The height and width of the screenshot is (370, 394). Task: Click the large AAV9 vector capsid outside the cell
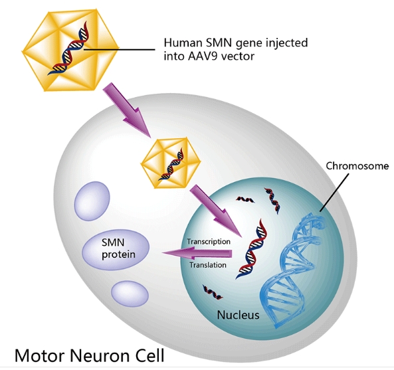tap(70, 50)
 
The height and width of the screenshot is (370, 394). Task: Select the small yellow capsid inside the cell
tap(171, 163)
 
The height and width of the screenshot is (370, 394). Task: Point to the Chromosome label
tap(357, 166)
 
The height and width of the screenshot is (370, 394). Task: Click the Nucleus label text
tap(238, 315)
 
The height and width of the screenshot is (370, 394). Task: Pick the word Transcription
tap(209, 242)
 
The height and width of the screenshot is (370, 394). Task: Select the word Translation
tap(208, 265)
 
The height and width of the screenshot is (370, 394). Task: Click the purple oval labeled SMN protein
tap(116, 249)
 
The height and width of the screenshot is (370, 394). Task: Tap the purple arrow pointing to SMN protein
tap(197, 253)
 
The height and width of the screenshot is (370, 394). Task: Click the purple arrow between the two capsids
tap(128, 110)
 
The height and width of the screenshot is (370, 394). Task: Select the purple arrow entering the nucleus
tap(216, 211)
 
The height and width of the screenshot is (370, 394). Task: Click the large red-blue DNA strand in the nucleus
tap(251, 248)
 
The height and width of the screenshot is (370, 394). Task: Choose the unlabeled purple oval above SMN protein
tap(92, 201)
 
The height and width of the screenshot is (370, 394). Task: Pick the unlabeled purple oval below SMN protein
tap(130, 294)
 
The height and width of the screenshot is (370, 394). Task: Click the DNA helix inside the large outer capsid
tap(68, 49)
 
